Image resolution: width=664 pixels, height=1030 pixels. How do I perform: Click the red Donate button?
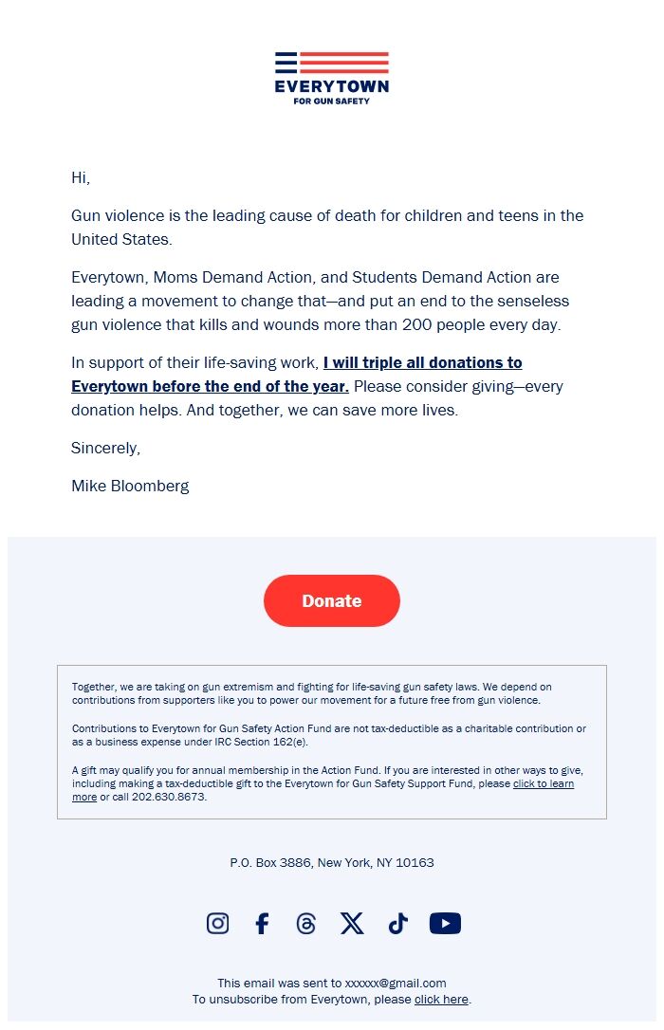pyautogui.click(x=331, y=600)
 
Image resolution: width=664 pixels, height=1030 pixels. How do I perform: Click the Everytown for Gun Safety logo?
pyautogui.click(x=331, y=78)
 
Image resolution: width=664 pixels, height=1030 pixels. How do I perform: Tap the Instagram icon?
pyautogui.click(x=217, y=924)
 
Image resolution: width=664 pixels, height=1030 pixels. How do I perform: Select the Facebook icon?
pyautogui.click(x=262, y=924)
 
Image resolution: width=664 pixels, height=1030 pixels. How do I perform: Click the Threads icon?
pyautogui.click(x=305, y=924)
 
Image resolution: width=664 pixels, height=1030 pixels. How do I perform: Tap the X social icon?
pyautogui.click(x=352, y=924)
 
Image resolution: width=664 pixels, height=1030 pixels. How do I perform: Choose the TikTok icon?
pyautogui.click(x=397, y=924)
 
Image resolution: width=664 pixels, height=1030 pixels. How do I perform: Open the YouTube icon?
pyautogui.click(x=445, y=924)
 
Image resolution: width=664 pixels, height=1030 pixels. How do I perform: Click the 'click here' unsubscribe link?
pyautogui.click(x=441, y=1000)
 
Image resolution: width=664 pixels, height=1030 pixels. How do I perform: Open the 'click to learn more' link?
pyautogui.click(x=543, y=784)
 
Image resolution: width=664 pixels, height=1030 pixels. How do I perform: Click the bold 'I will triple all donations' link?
pyautogui.click(x=422, y=362)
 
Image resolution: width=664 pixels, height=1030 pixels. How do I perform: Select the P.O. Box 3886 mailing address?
pyautogui.click(x=331, y=863)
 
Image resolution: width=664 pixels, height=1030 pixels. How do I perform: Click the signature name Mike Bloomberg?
pyautogui.click(x=130, y=486)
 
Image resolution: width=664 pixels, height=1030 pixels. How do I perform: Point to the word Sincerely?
pyautogui.click(x=105, y=448)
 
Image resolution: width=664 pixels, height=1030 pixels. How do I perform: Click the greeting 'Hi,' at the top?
pyautogui.click(x=81, y=177)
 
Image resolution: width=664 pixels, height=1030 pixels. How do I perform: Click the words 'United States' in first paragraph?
pyautogui.click(x=121, y=239)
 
